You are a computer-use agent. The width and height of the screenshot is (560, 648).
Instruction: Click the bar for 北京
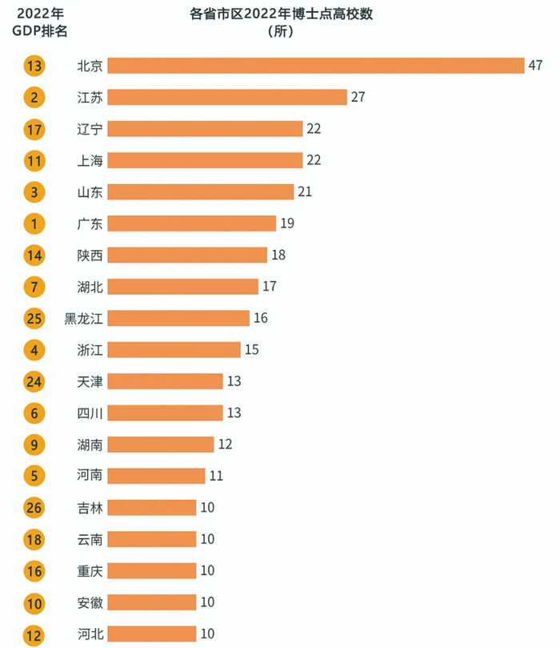click(x=315, y=66)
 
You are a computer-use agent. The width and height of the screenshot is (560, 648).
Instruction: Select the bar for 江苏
click(x=227, y=97)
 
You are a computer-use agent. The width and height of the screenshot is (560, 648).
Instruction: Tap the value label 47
click(x=536, y=66)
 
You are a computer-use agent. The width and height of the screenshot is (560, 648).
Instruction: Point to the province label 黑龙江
click(x=84, y=318)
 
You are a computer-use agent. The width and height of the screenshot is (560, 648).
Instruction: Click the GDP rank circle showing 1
click(x=34, y=223)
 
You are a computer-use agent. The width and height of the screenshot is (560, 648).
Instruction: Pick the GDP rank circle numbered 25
click(x=34, y=318)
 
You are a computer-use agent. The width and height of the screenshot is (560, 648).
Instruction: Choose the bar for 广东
click(x=191, y=223)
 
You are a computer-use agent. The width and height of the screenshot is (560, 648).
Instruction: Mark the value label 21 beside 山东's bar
click(x=304, y=192)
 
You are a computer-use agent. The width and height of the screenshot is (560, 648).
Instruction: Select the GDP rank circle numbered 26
click(x=34, y=508)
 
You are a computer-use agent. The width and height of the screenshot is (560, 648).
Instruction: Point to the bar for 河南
click(x=156, y=476)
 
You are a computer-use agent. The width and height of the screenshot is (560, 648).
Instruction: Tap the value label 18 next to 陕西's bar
click(x=278, y=255)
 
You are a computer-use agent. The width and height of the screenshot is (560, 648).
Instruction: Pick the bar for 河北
click(x=151, y=634)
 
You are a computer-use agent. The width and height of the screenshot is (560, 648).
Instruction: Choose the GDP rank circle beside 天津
click(x=34, y=381)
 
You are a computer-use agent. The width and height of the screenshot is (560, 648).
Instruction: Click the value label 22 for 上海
click(x=313, y=160)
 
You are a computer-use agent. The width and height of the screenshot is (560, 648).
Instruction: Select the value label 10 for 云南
click(x=207, y=539)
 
